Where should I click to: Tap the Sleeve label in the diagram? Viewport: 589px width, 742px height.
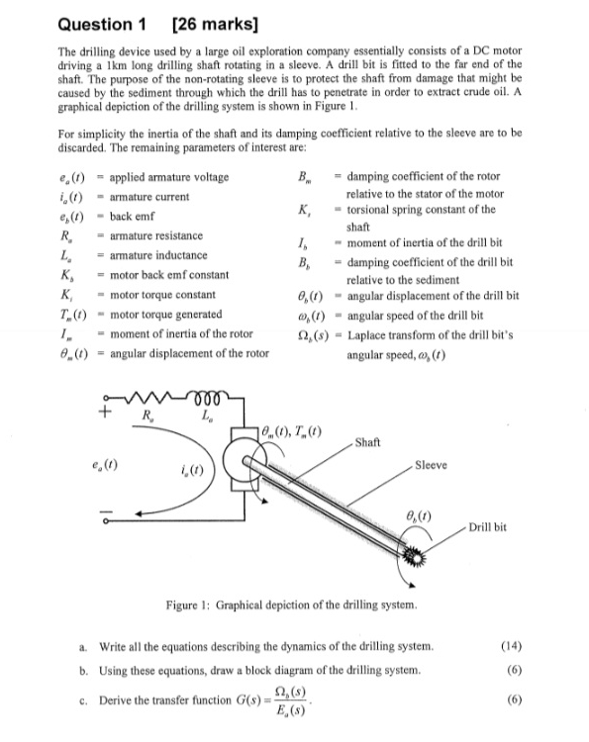[430, 465]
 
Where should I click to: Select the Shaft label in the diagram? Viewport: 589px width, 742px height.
[367, 442]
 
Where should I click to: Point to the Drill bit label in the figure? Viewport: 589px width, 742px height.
[487, 527]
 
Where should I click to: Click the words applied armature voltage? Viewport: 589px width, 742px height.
[169, 178]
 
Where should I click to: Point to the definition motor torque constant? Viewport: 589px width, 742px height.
[162, 295]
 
